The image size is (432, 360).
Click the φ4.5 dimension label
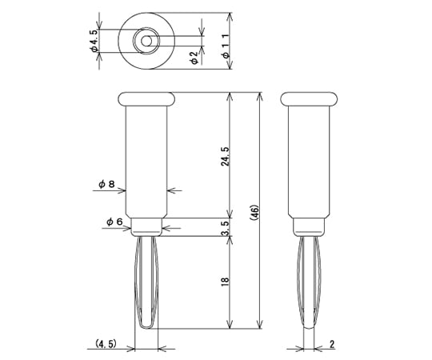point(94,40)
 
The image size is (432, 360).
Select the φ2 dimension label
point(194,56)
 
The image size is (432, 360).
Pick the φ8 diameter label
point(107,184)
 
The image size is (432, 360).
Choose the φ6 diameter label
point(113,222)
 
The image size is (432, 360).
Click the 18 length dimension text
point(226,282)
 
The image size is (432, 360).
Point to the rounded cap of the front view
point(146,98)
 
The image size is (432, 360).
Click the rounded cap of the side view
point(310,98)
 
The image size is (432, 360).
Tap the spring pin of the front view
point(146,284)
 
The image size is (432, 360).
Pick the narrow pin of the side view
point(309,284)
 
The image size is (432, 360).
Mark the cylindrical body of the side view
point(310,160)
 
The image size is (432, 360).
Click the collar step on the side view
point(310,226)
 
